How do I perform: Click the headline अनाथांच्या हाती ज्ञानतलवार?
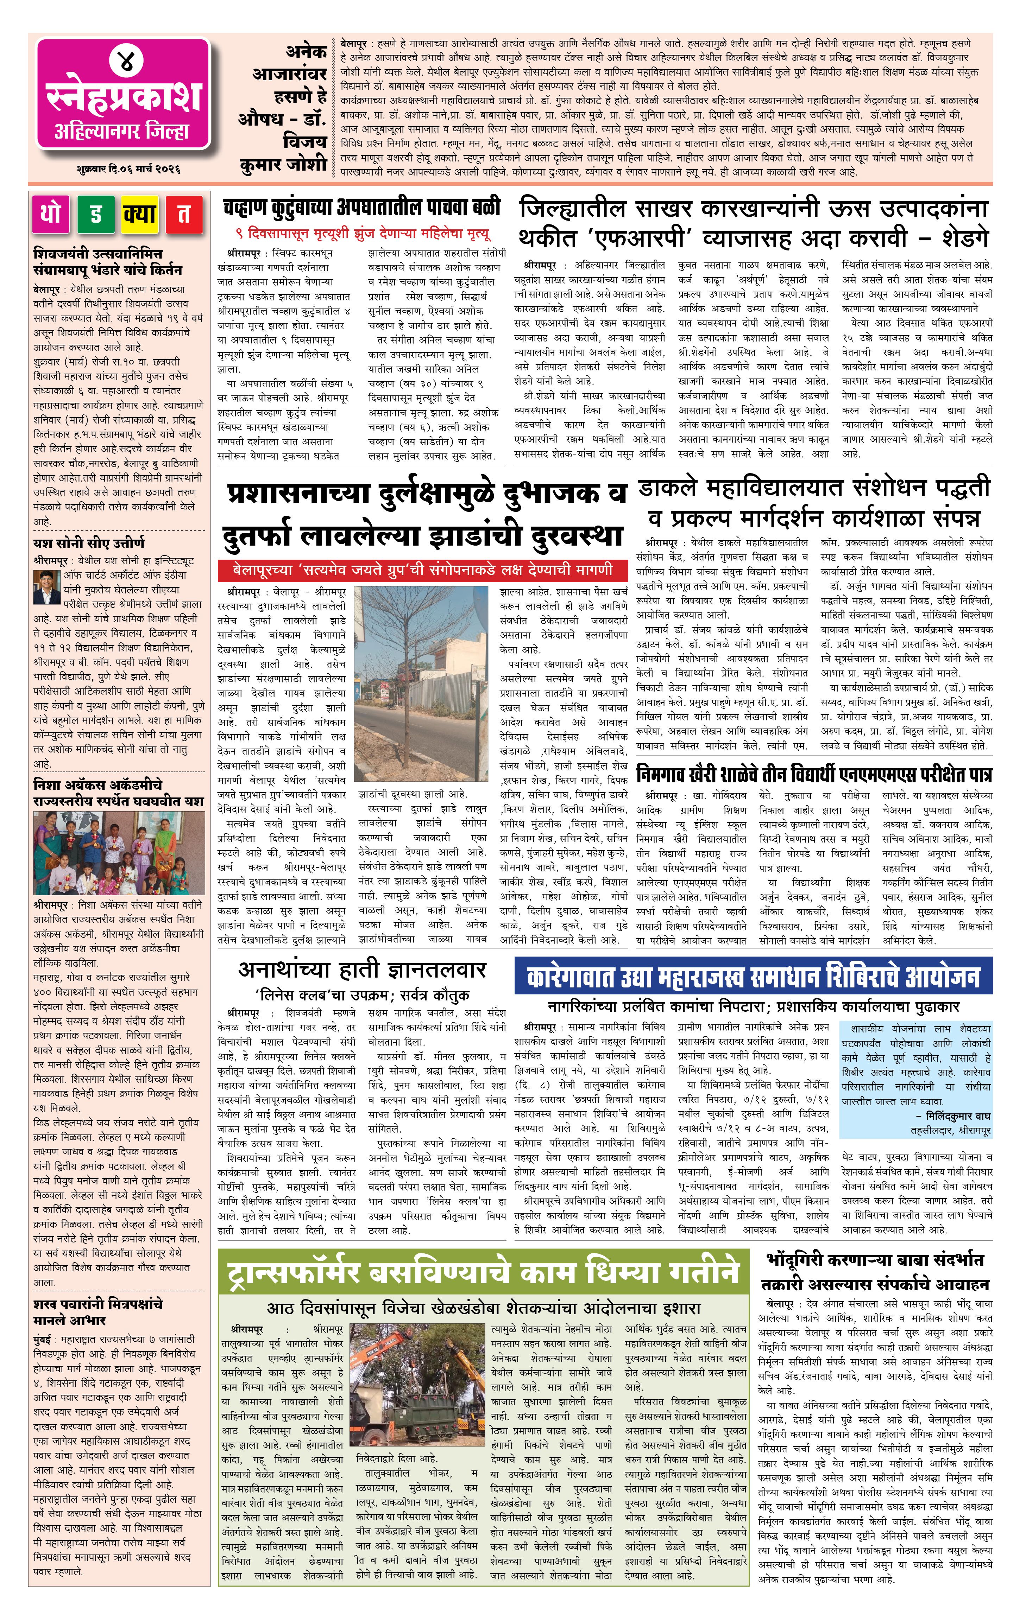click(362, 969)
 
